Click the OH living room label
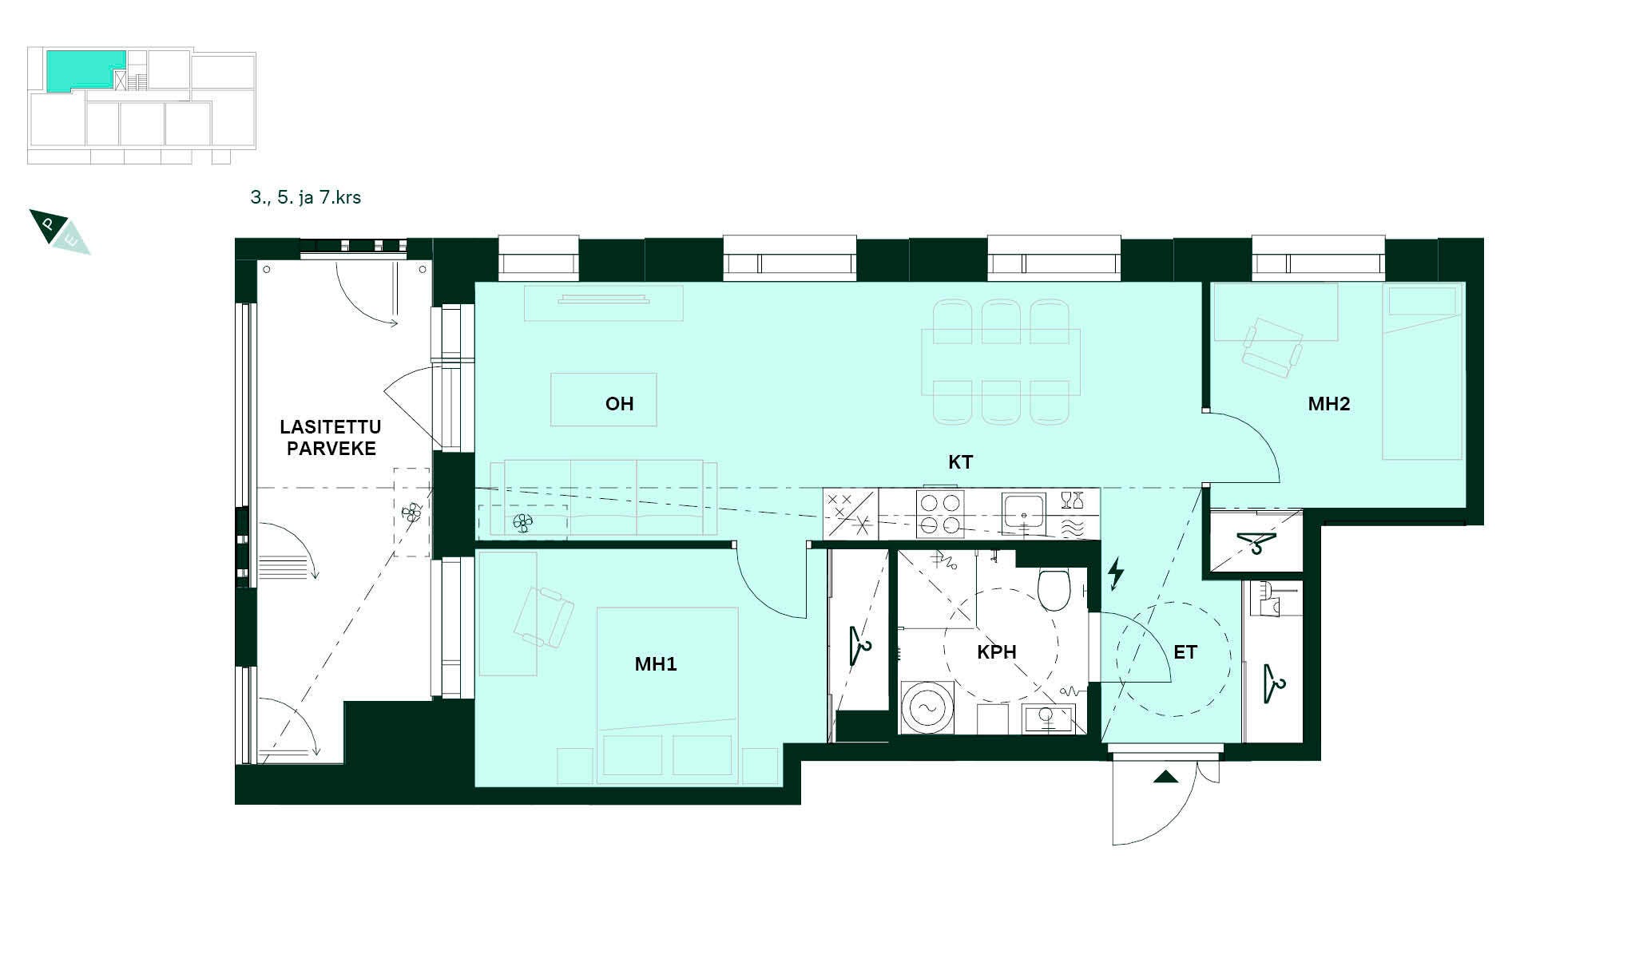coord(619,404)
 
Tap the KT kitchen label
coord(960,462)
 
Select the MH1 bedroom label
coord(656,664)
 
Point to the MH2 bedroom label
coord(1329,404)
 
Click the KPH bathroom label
coord(997,652)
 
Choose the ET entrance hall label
coord(1185,652)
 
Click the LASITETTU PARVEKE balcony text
coord(331,437)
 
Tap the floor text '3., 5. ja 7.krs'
coord(306,197)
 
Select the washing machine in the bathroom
coord(927,707)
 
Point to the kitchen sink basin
coord(1023,512)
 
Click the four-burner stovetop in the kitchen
coord(940,513)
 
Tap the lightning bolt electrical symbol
coord(1116,575)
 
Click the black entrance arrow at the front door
coord(1165,777)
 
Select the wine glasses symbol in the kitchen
coord(1072,501)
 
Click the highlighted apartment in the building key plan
coord(84,69)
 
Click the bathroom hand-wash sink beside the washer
coord(1049,719)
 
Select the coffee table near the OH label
coord(604,400)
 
